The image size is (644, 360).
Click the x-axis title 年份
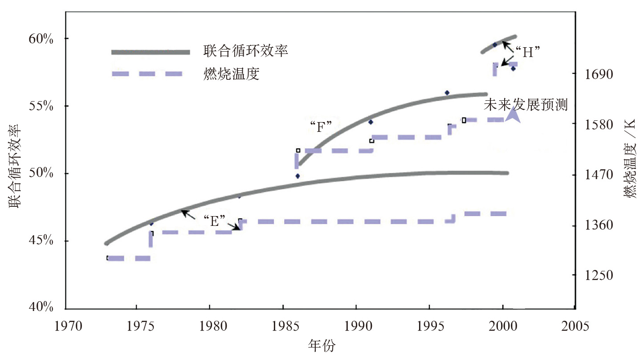(322, 345)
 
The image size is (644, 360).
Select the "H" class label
(528, 52)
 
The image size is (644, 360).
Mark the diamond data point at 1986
(298, 176)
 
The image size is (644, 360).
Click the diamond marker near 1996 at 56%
(447, 93)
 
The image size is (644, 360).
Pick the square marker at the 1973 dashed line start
(108, 258)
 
